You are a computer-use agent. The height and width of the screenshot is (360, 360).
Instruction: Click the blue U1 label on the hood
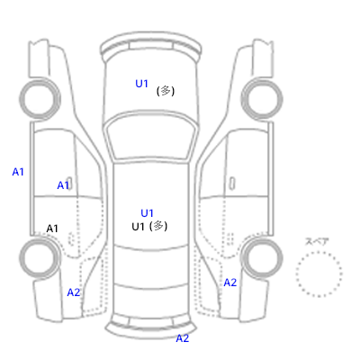click(142, 84)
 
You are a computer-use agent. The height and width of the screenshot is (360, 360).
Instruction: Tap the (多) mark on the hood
click(166, 91)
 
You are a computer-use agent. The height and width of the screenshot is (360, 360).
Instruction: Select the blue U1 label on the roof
click(147, 213)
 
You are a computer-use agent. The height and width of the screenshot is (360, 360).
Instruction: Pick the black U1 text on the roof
click(138, 227)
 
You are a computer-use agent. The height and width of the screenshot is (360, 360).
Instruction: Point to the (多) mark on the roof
click(158, 226)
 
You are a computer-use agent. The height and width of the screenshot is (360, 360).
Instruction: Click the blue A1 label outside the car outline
click(18, 172)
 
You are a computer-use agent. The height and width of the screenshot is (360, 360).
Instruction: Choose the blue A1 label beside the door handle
click(63, 185)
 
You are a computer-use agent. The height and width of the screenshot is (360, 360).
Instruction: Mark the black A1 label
click(52, 229)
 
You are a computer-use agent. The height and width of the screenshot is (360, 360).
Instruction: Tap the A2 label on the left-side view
click(74, 292)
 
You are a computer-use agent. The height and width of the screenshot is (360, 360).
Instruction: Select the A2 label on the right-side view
click(230, 283)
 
